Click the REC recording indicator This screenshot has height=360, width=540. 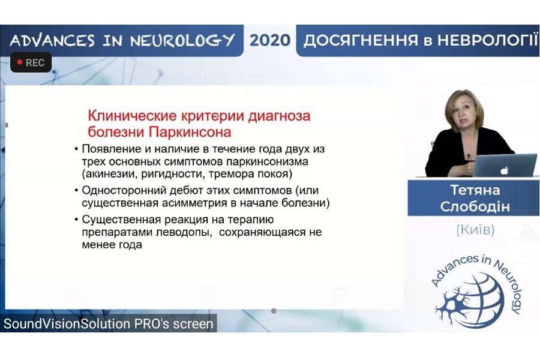point(31,62)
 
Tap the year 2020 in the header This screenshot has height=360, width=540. point(269,40)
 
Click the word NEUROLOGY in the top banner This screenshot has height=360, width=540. point(182,40)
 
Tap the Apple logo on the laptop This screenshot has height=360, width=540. point(504,170)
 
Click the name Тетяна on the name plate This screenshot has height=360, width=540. point(475,190)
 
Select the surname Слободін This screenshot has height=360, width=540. point(475,206)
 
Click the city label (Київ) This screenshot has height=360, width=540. point(475,229)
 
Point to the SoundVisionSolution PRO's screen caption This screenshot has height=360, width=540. point(109,324)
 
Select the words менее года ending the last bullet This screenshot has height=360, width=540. point(112,245)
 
